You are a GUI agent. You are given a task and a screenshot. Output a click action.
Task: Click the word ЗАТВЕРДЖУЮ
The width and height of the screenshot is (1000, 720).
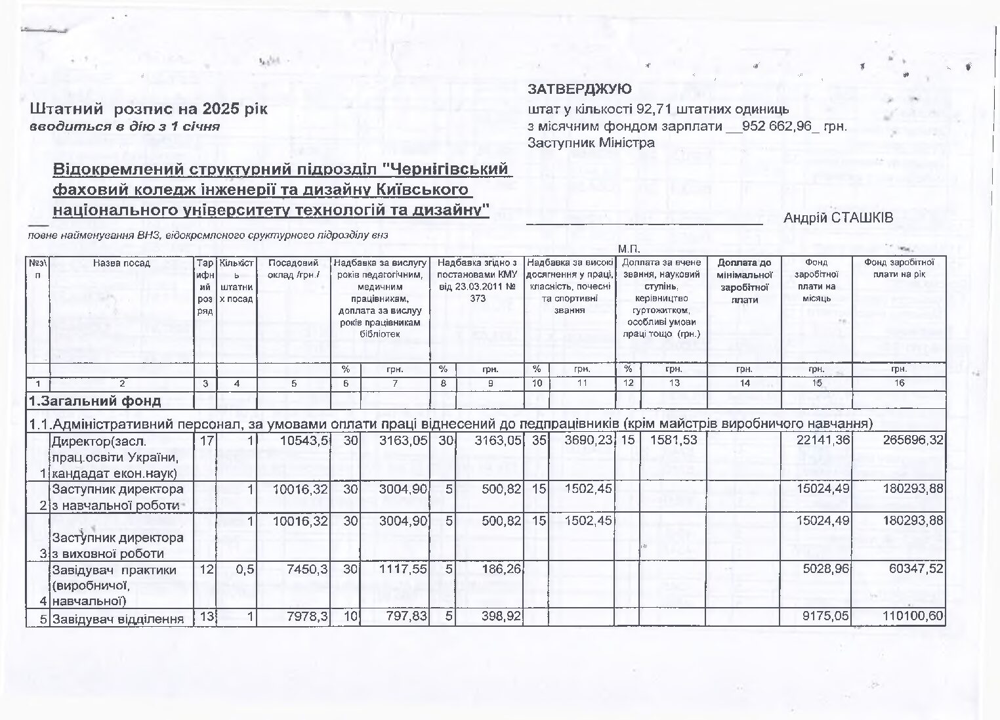point(579,89)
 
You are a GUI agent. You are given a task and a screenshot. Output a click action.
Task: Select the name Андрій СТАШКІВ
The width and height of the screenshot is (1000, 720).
point(838,218)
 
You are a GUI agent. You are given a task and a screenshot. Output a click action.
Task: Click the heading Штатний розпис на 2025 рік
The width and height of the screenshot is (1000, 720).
point(149,109)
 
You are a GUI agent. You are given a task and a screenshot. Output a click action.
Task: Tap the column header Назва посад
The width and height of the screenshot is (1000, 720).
point(122,263)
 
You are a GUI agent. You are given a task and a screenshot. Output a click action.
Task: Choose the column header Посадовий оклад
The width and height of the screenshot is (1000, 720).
point(293,268)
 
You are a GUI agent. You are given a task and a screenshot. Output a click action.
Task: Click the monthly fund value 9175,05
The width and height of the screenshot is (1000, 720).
point(822,618)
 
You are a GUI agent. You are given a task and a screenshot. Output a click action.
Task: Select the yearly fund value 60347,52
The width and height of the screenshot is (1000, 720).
point(915,569)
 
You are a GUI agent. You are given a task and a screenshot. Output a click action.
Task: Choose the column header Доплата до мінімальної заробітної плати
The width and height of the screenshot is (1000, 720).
point(744,281)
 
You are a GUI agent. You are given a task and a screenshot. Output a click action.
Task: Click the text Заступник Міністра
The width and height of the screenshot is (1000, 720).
point(591,142)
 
